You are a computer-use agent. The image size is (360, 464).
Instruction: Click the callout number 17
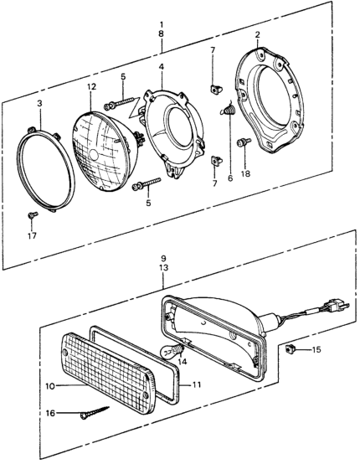pos(32,235)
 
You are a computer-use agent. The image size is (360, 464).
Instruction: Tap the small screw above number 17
pos(33,214)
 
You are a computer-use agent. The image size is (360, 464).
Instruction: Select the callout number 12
pos(91,87)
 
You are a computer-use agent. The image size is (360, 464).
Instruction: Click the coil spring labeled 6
pos(228,109)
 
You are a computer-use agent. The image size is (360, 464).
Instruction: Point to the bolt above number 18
pos(244,142)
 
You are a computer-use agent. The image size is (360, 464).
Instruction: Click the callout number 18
pos(245,173)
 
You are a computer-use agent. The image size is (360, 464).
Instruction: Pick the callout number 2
pos(257,34)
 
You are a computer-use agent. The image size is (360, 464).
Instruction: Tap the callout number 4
pos(162,67)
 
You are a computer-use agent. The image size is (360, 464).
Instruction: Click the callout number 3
pos(39,103)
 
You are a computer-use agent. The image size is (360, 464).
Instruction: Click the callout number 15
pos(316,349)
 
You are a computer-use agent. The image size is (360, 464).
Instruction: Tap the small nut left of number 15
pos(289,350)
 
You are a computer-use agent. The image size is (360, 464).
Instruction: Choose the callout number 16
pos(50,413)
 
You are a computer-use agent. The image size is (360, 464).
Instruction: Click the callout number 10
pos(50,386)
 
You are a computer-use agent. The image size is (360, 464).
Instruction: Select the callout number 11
pos(196,384)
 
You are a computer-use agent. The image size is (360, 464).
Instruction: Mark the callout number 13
pos(163,267)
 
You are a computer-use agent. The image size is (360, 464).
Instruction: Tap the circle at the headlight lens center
pos(94,154)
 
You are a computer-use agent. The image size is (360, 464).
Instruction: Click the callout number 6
pos(230,178)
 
